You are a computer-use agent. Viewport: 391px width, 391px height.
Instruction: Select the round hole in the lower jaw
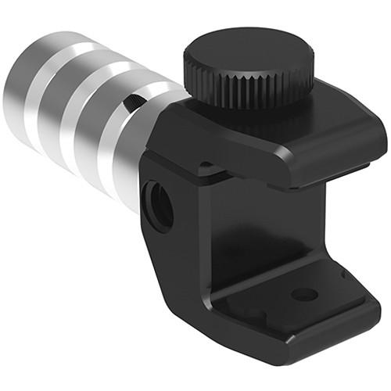click(x=304, y=294)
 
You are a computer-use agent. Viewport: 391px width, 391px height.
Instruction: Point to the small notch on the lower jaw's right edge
click(x=343, y=273)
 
